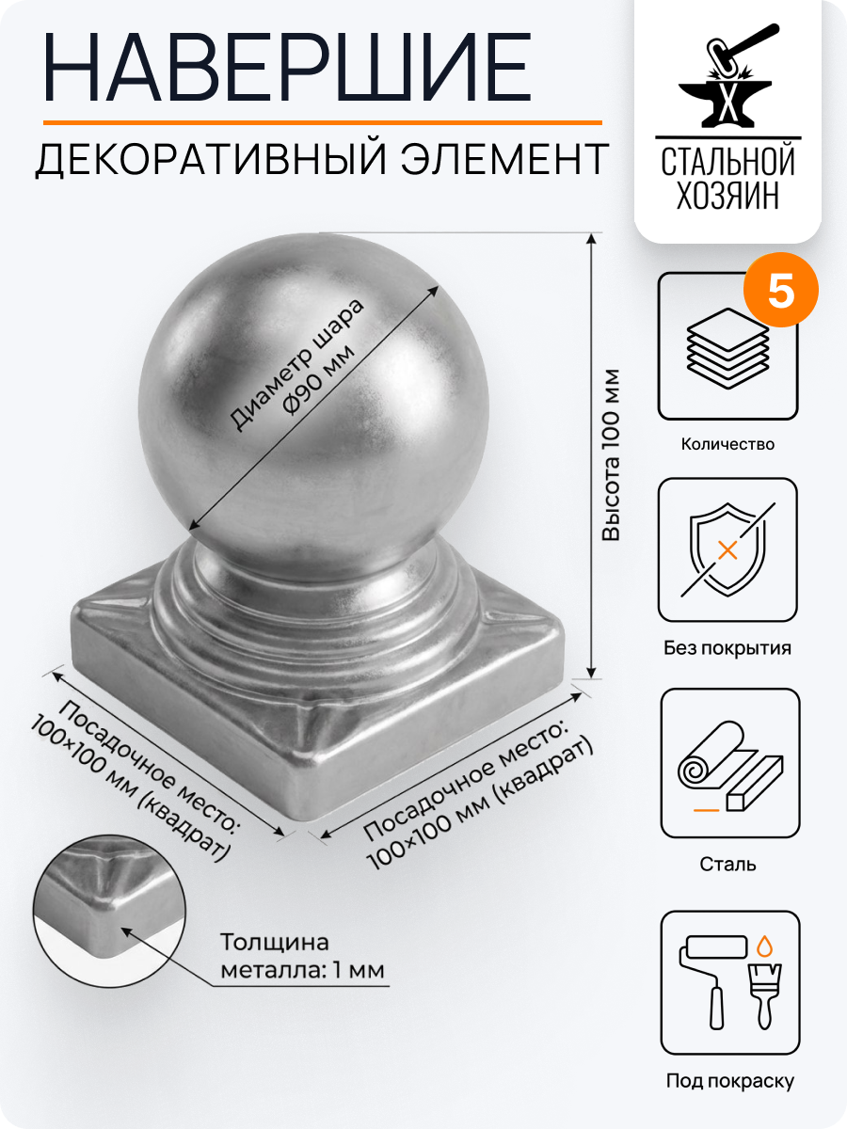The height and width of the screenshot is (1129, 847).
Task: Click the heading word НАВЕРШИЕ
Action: point(287,63)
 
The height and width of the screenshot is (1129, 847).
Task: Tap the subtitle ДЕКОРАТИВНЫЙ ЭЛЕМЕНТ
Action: point(321,159)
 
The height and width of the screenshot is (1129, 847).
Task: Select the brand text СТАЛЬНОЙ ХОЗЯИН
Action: point(727,179)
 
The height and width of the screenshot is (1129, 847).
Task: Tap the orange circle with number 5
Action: point(781,293)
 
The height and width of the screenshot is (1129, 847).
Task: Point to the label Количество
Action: point(727,444)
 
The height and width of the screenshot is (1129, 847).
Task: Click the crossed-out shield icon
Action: point(727,549)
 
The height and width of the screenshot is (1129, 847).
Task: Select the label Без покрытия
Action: point(727,648)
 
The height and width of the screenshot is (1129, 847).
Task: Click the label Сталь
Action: point(727,864)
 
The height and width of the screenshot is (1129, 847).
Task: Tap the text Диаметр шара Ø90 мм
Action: point(296,367)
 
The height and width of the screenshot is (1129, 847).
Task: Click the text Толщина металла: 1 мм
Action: point(301,955)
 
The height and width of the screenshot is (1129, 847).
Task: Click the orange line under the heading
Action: point(321,122)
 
